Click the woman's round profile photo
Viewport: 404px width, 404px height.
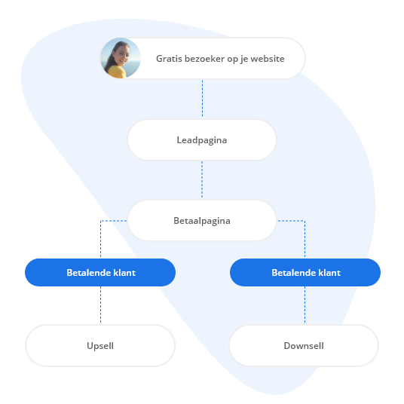pos(121,58)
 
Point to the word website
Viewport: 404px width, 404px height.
pos(266,58)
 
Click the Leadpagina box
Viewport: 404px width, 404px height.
pos(201,140)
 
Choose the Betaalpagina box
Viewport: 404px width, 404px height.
pos(201,221)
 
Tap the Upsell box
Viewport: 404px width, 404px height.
pos(100,345)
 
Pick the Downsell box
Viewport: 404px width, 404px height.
pos(304,345)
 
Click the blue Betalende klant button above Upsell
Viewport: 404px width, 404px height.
pos(100,272)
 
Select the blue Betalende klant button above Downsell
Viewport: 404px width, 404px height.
pos(305,272)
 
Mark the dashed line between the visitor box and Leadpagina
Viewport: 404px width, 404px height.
pos(202,99)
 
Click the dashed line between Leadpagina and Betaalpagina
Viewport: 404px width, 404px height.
pos(202,179)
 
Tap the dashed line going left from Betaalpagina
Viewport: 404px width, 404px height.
pos(115,220)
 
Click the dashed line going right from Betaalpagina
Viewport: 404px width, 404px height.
pos(290,220)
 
